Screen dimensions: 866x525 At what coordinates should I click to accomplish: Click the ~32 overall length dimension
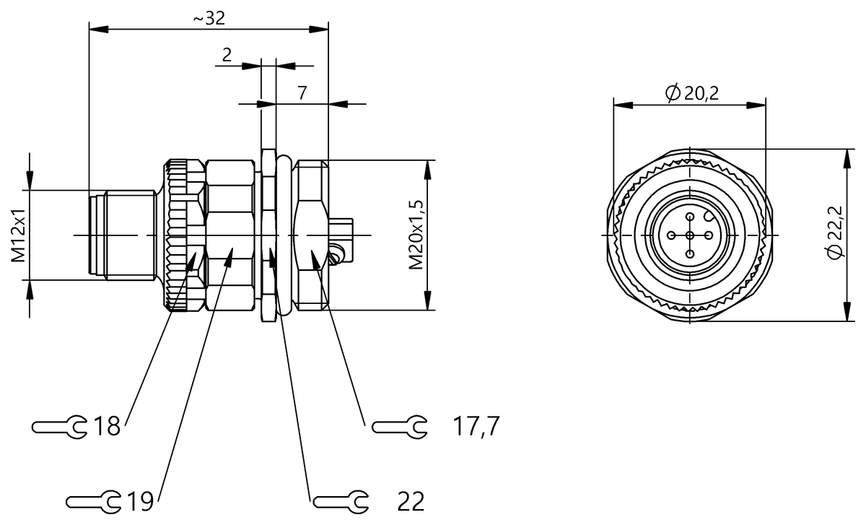click(x=209, y=18)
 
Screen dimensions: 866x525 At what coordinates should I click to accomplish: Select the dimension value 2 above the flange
click(x=227, y=56)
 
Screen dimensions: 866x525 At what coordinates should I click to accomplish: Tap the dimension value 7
click(x=302, y=93)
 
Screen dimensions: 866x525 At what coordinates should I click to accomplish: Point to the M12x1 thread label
click(x=18, y=235)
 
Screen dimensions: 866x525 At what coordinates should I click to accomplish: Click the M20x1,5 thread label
click(x=416, y=235)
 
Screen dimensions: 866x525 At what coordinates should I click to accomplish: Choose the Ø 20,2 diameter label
click(x=692, y=93)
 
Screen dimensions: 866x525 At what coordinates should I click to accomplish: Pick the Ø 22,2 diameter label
click(x=835, y=233)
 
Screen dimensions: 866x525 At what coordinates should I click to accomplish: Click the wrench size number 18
click(x=106, y=427)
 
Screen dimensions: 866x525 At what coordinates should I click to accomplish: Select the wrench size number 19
click(x=140, y=501)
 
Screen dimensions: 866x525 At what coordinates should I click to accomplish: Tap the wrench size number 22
click(x=411, y=502)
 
